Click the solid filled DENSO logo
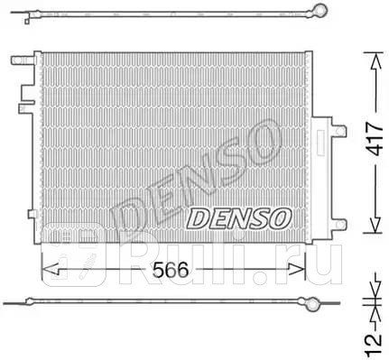237,217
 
